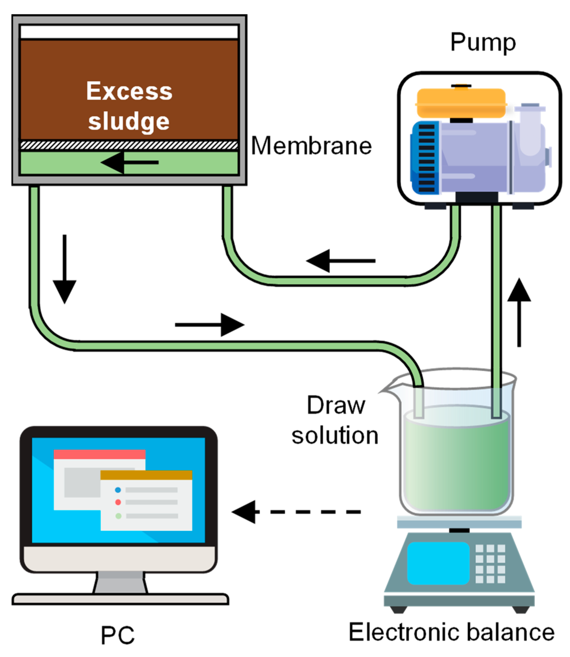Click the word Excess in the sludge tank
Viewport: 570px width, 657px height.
[x=129, y=91]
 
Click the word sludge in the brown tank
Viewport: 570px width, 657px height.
[x=128, y=121]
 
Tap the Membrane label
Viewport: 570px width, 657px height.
[x=312, y=146]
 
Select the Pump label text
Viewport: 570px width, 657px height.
[x=483, y=43]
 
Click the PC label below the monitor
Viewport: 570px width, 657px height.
[x=118, y=635]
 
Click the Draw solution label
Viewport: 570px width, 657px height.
[x=335, y=420]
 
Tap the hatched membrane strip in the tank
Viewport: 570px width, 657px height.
[x=129, y=145]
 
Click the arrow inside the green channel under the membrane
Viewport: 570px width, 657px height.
[x=129, y=162]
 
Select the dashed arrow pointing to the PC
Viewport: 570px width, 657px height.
[x=296, y=512]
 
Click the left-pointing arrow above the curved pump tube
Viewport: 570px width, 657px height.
[x=341, y=261]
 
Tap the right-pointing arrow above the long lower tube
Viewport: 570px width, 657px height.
[x=210, y=325]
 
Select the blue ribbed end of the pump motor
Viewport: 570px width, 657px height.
[x=425, y=158]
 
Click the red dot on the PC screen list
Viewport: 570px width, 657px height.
[x=118, y=502]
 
